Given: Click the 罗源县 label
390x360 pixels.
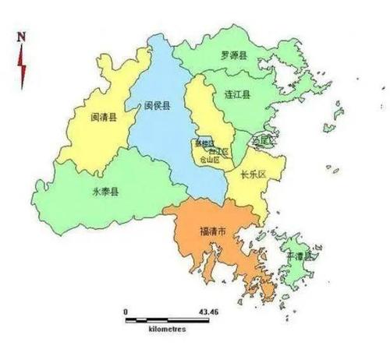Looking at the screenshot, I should click(234, 56).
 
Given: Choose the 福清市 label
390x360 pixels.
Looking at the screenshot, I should click(213, 232).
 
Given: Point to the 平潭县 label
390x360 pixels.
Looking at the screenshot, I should click(298, 256).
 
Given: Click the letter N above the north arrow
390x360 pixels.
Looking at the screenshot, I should click(23, 37).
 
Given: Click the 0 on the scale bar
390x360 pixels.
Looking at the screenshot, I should click(125, 311).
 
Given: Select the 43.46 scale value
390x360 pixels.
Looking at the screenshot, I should click(208, 311).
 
